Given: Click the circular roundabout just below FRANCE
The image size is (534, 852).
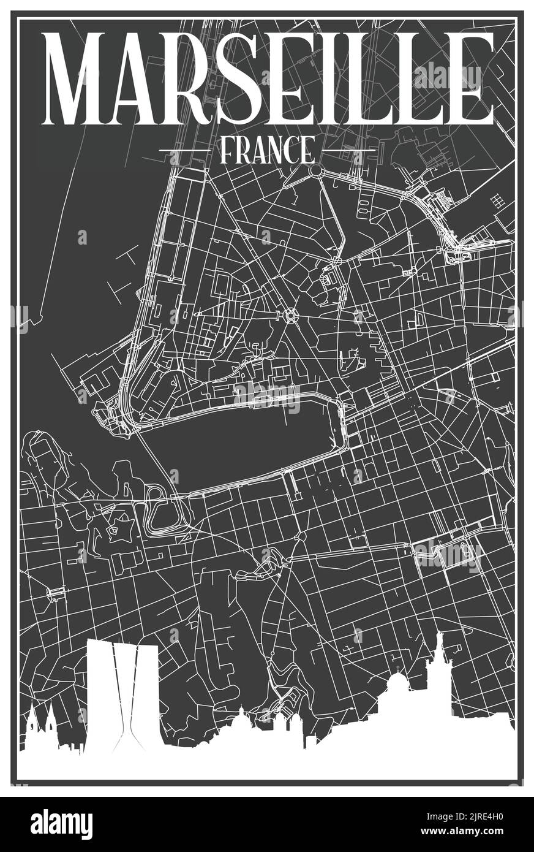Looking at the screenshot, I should [316, 170].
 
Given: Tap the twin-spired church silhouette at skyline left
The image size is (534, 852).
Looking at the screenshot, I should [42, 729].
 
